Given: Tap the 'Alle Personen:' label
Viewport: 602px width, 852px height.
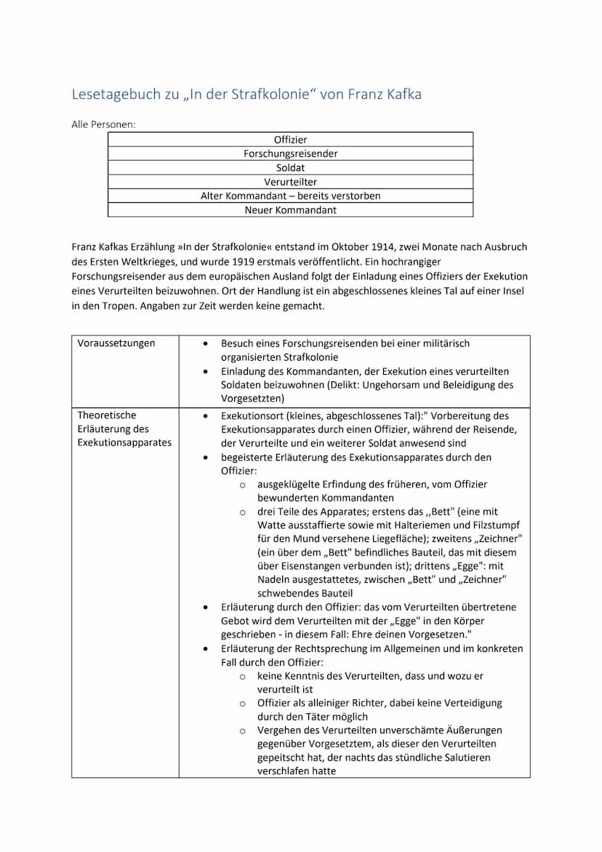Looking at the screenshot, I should pos(103,124).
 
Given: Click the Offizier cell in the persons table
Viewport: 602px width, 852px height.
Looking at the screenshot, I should pos(290,139).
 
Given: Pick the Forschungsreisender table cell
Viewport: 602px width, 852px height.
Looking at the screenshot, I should pos(290,154).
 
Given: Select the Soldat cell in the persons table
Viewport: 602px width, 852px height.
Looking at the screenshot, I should pos(290,167).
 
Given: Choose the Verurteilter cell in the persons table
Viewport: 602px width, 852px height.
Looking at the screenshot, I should pos(290,182).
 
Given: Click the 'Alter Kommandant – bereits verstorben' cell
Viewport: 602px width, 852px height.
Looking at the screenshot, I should pos(290,196).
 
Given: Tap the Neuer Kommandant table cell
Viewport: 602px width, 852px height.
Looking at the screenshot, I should pos(290,210).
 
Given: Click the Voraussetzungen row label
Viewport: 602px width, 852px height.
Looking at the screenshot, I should pos(116,343).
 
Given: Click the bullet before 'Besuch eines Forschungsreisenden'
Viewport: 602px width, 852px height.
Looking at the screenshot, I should pos(207,343).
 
